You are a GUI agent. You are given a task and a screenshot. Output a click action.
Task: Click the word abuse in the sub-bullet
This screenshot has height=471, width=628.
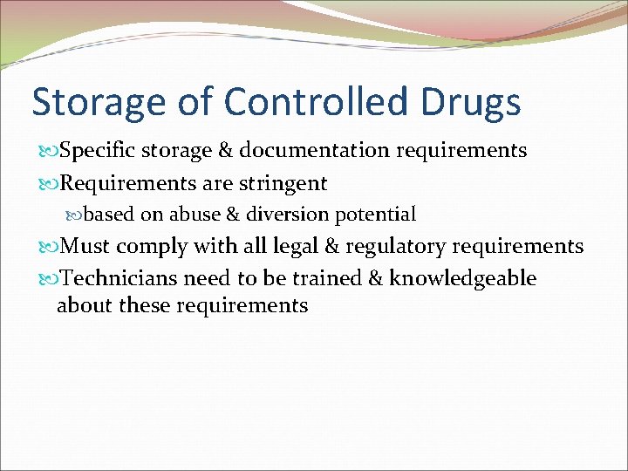point(204,214)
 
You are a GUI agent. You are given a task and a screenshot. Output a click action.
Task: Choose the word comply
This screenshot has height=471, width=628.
point(154,248)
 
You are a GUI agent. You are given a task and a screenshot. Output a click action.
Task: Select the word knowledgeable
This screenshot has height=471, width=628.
point(463,279)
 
